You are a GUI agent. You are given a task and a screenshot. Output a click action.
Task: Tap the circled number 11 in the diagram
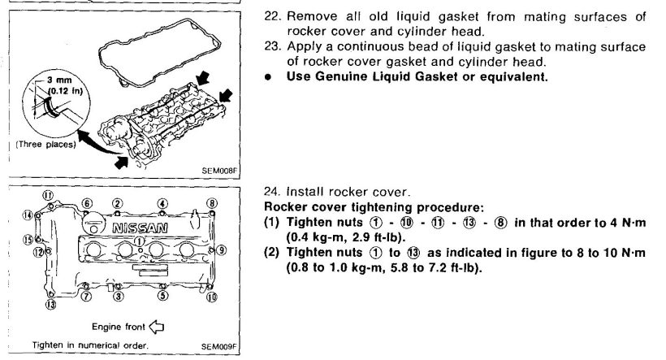click(x=48, y=195)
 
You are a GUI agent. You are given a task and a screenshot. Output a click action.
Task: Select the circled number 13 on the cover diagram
click(x=51, y=305)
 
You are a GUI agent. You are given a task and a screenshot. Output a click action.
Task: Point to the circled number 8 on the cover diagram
click(x=213, y=202)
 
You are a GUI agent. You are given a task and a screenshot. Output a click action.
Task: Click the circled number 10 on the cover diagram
click(x=212, y=298)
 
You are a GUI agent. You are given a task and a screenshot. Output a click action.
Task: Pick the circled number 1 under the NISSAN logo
click(x=139, y=241)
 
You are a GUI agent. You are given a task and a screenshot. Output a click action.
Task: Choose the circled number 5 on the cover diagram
click(x=162, y=297)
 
